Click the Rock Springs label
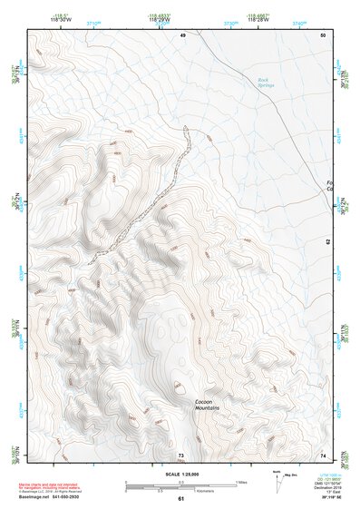pyautogui.click(x=264, y=83)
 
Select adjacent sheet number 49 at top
pyautogui.click(x=182, y=34)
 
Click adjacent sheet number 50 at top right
pyautogui.click(x=322, y=34)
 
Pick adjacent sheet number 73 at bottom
pyautogui.click(x=180, y=455)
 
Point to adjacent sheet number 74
pyautogui.click(x=322, y=455)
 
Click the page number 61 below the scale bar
pyautogui.click(x=180, y=498)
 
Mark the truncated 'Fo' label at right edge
pyautogui.click(x=329, y=184)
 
